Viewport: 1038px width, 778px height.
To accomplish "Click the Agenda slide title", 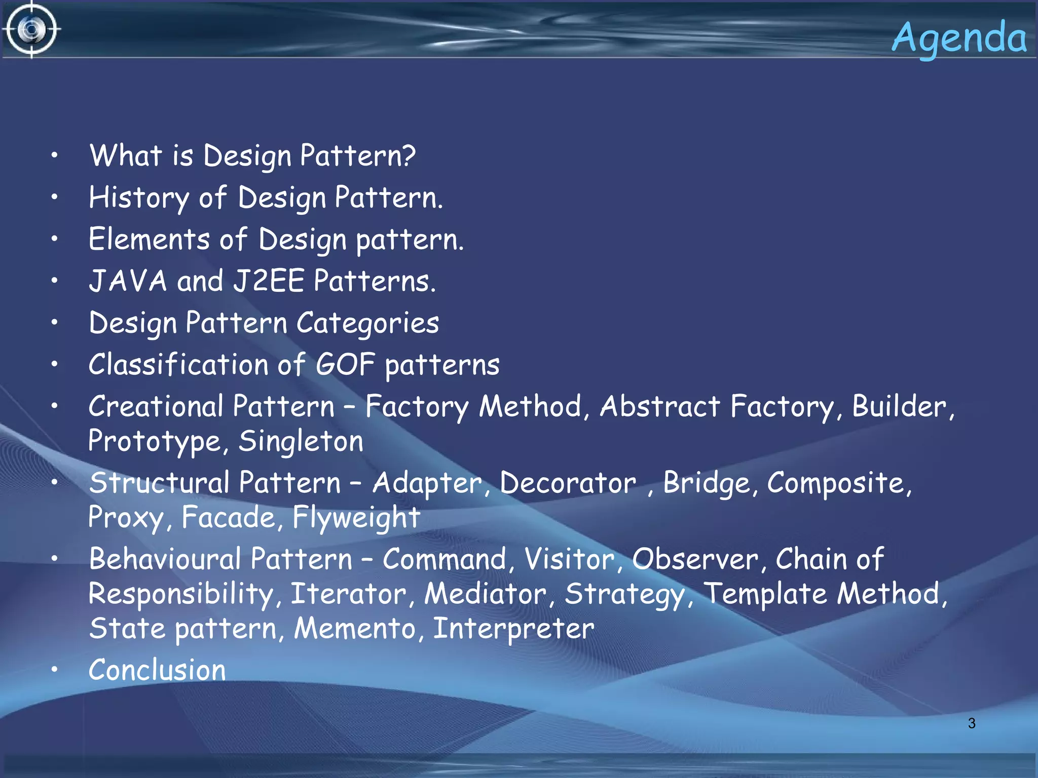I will pos(959,38).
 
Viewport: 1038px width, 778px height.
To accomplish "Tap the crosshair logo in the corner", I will pos(31,29).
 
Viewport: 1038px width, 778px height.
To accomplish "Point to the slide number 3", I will pos(971,723).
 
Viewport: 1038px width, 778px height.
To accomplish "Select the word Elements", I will pos(149,239).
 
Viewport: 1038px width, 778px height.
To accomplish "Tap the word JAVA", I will pos(128,281).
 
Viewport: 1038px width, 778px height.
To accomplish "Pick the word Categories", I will pos(367,324).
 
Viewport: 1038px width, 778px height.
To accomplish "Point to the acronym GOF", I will pos(345,365).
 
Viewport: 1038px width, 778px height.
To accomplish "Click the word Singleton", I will pos(301,441).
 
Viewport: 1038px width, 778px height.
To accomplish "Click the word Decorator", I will pos(568,483).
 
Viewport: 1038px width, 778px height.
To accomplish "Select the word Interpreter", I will pos(513,629).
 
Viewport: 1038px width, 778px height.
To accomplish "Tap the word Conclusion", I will pos(157,670).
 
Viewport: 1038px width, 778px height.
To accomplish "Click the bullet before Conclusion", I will pos(54,670).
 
